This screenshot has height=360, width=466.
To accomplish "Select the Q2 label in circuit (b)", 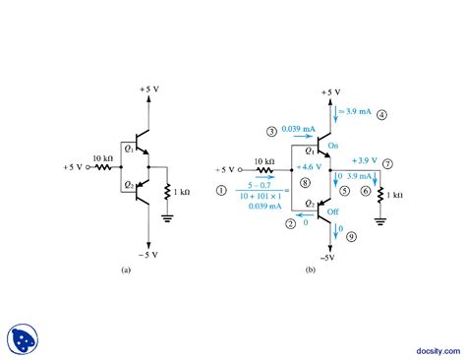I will [309, 203].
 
